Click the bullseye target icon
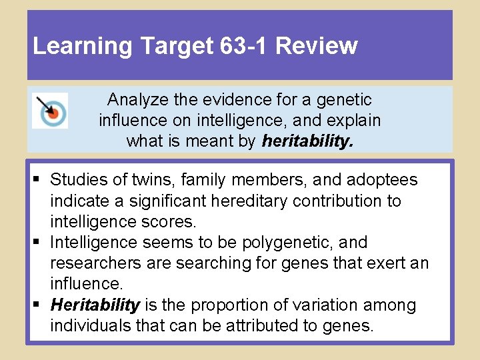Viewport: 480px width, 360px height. click(x=50, y=111)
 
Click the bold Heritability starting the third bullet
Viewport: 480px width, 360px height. click(x=95, y=305)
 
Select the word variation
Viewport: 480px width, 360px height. click(x=325, y=305)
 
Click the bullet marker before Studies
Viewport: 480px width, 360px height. click(x=39, y=180)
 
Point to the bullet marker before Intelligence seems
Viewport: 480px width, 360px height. click(x=39, y=243)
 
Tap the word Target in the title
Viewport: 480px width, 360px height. click(x=178, y=46)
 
